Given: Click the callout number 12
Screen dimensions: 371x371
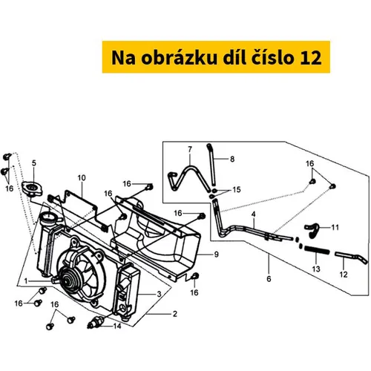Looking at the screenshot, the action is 344,275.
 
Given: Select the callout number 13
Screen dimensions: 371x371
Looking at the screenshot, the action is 316,269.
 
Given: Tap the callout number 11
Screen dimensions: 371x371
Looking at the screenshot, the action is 335,227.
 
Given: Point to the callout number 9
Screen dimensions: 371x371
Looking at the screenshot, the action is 217,255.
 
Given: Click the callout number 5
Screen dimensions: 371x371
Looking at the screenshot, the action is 34,163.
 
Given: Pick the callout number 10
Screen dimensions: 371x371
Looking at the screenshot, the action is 82,178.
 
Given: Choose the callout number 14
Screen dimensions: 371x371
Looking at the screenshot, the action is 117,326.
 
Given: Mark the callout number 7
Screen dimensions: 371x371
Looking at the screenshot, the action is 190,149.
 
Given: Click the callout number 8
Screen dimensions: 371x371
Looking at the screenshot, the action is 232,159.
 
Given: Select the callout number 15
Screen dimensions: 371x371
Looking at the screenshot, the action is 237,189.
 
